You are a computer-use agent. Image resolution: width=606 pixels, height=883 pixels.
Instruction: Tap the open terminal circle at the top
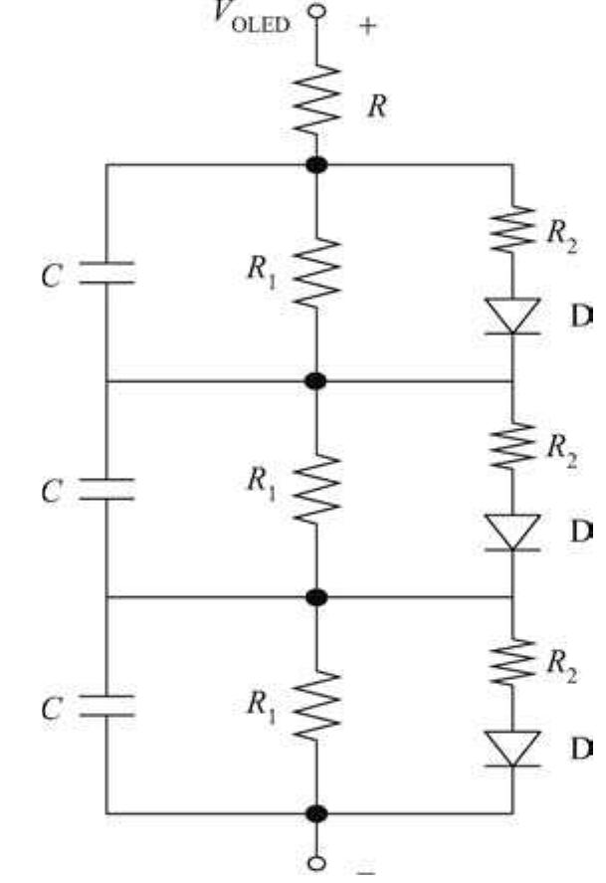pyautogui.click(x=317, y=11)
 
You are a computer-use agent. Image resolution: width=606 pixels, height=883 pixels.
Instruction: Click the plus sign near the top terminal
pyautogui.click(x=368, y=26)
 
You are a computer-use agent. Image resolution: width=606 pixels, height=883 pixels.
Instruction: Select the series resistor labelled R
pyautogui.click(x=317, y=100)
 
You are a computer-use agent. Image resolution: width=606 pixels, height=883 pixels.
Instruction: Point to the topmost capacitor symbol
pyautogui.click(x=106, y=274)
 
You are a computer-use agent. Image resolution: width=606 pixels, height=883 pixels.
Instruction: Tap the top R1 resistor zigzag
pyautogui.click(x=317, y=271)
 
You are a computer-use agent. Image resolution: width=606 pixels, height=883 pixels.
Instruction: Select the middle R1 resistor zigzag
pyautogui.click(x=317, y=488)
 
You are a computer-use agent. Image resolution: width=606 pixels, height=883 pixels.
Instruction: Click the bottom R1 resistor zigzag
pyautogui.click(x=317, y=705)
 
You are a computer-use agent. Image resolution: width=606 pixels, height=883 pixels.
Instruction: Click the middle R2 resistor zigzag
pyautogui.click(x=512, y=447)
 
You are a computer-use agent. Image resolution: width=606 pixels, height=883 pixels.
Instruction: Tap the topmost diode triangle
pyautogui.click(x=512, y=316)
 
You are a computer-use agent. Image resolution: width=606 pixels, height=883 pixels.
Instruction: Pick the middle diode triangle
pyautogui.click(x=512, y=532)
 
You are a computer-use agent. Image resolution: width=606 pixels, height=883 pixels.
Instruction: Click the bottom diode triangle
pyautogui.click(x=512, y=748)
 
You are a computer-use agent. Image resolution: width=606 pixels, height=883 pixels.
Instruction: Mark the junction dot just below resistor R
pyautogui.click(x=317, y=164)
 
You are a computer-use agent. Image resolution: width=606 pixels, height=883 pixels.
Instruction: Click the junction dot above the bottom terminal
pyautogui.click(x=317, y=813)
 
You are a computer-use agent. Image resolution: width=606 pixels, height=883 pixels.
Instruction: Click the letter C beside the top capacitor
pyautogui.click(x=51, y=277)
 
